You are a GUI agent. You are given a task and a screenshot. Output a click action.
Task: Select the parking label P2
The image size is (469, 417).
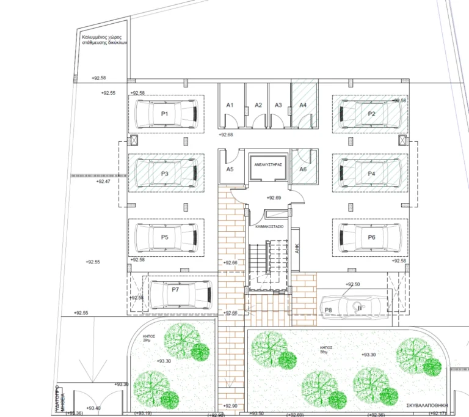coord(371,114)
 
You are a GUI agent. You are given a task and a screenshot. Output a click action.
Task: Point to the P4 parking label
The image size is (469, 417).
coord(371,174)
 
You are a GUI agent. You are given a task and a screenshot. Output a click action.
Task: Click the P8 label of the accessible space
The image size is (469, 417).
coord(328,311)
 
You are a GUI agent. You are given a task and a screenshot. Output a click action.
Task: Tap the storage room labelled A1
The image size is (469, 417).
coord(230,105)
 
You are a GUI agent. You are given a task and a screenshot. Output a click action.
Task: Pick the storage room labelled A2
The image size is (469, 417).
coord(258,105)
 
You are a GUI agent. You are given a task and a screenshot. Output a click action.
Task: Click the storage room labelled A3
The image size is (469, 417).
coord(278,105)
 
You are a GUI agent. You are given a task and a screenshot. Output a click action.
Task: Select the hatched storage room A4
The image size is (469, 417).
coord(303,105)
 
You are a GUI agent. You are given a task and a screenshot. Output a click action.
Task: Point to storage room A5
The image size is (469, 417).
coord(230,169)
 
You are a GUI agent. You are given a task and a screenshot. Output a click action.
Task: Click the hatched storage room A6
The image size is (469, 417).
coord(303,169)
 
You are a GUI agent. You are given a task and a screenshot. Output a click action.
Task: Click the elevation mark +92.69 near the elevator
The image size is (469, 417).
coord(274,198)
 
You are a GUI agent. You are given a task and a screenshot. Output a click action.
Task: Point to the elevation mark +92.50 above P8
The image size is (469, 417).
coord(353,284)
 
